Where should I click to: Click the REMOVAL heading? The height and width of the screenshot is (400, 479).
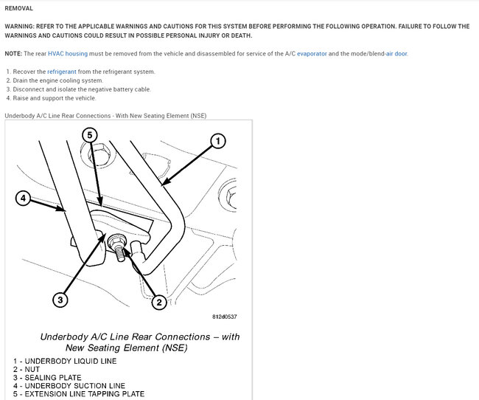(x=18, y=8)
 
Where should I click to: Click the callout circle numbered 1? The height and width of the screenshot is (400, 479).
(x=217, y=140)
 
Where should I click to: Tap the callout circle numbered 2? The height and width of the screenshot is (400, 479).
(x=158, y=301)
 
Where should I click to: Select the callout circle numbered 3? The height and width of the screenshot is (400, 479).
(x=61, y=300)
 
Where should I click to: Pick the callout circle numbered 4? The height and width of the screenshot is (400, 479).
(x=24, y=199)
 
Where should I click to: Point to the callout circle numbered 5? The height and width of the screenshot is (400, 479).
(x=89, y=135)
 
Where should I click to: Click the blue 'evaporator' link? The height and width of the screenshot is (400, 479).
(x=314, y=54)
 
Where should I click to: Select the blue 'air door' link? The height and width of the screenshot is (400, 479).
(x=396, y=54)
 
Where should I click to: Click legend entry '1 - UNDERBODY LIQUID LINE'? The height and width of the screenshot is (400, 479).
(x=64, y=361)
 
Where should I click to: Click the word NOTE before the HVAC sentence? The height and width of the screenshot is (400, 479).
(x=13, y=54)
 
